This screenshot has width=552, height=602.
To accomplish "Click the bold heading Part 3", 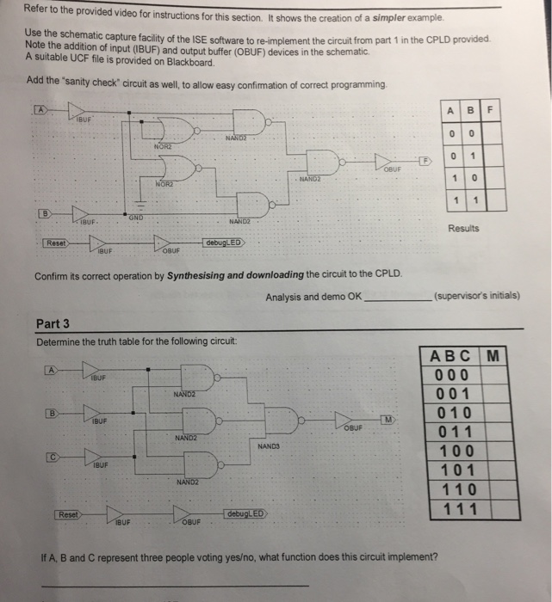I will (53, 324).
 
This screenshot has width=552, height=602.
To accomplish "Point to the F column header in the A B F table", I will (490, 111).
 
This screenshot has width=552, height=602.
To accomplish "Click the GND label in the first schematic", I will (136, 217).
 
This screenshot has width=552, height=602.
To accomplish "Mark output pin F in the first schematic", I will (424, 161).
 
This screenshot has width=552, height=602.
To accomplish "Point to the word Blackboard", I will (189, 63).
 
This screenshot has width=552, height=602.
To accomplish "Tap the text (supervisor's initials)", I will (476, 296).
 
